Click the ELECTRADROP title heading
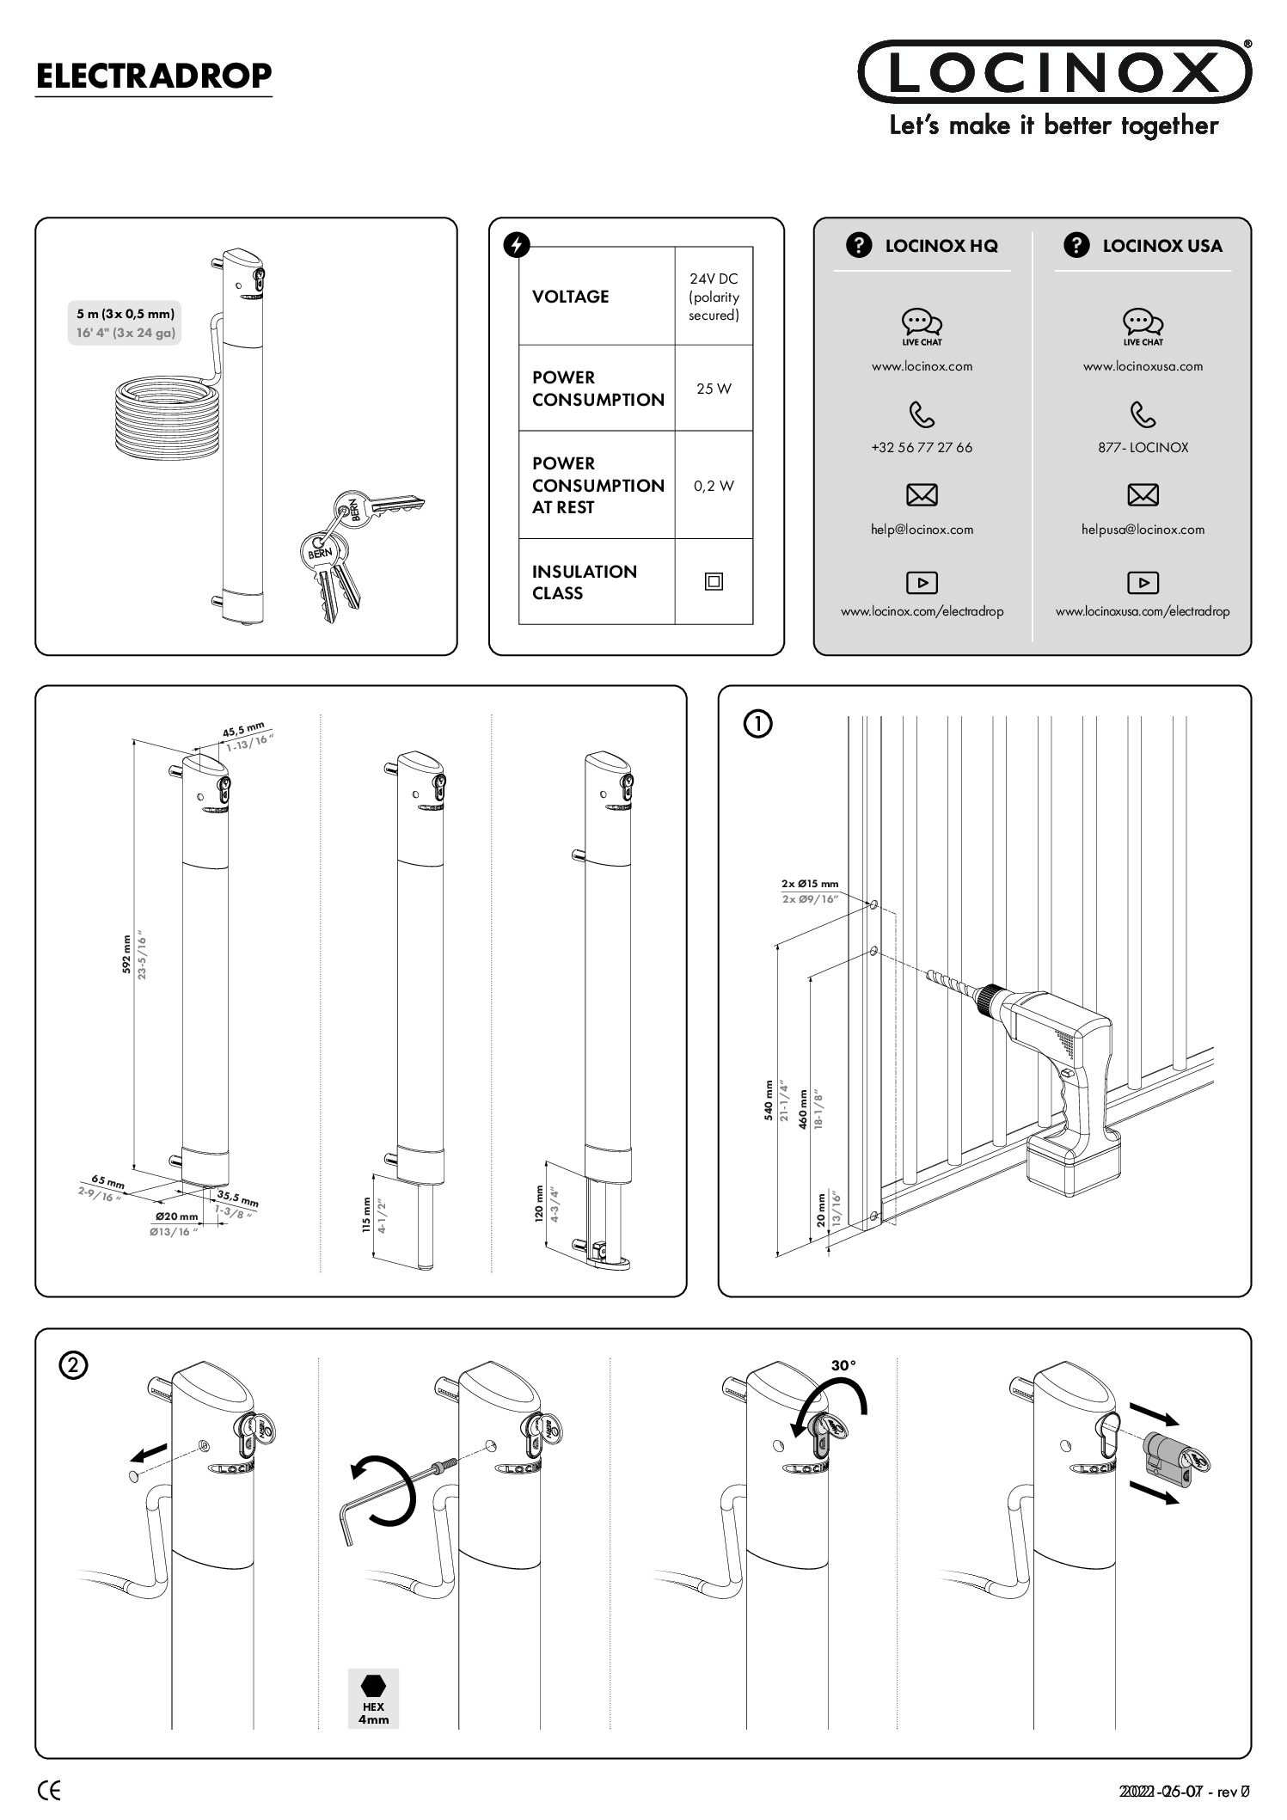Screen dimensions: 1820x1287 point(153,77)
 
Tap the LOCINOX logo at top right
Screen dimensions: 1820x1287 point(1054,72)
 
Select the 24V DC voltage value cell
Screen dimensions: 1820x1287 point(714,297)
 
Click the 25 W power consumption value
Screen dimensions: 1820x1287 point(714,389)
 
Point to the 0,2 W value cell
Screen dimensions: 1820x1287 point(714,486)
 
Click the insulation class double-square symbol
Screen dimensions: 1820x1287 point(714,582)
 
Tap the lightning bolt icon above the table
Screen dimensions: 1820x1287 point(516,246)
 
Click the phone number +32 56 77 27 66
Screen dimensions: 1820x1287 point(922,448)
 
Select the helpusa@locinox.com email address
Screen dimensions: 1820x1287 point(1143,530)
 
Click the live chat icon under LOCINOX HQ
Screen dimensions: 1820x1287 point(922,323)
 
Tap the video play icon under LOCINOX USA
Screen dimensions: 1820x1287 point(1143,583)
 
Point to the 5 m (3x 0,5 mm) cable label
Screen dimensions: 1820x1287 point(126,314)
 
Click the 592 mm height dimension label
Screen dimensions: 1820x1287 point(127,954)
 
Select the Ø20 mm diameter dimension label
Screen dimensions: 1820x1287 point(176,1216)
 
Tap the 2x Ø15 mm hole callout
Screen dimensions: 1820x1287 point(809,883)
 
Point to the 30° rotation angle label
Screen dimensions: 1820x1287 point(843,1364)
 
